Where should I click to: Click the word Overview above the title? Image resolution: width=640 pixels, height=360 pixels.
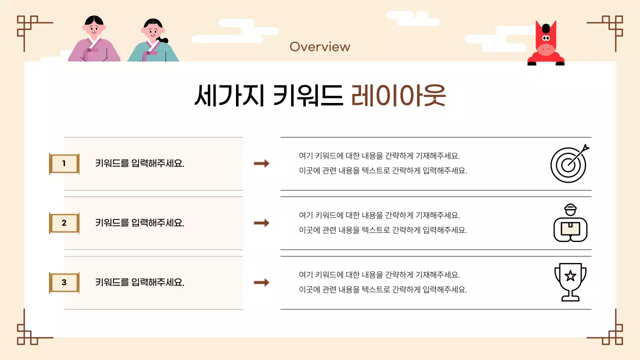(320, 47)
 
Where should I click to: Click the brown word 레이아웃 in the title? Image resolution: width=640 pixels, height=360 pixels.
(398, 96)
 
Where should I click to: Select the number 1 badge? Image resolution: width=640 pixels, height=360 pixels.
(64, 163)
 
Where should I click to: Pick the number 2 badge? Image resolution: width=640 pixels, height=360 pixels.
(64, 223)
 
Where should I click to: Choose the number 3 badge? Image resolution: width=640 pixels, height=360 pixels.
(64, 282)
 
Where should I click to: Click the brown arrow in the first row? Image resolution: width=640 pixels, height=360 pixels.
(261, 163)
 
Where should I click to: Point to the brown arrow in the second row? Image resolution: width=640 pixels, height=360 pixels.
(261, 223)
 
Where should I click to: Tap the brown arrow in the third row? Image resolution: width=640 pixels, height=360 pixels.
(261, 282)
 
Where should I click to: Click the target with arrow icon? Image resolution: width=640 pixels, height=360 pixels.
(569, 163)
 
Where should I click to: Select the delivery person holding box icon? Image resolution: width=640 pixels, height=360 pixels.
(570, 223)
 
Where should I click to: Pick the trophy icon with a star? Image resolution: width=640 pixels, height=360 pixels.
(570, 282)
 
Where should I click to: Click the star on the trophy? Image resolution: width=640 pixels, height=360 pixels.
(570, 275)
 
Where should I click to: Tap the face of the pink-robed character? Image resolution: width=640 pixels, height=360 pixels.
(94, 29)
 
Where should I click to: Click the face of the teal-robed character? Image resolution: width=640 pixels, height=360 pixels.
(152, 31)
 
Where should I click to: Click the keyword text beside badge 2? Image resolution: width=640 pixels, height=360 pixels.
(140, 223)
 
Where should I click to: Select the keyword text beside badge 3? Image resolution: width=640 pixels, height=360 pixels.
(140, 282)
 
